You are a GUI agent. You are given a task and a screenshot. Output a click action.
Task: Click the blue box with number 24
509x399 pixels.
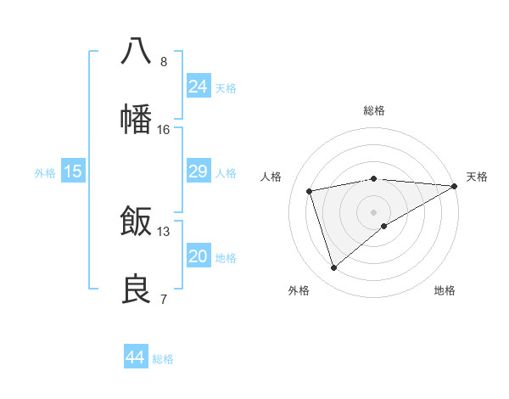point(198,86)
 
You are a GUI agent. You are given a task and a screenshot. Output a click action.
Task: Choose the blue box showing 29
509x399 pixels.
point(198,171)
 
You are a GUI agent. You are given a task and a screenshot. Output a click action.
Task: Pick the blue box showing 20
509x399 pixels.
point(198,256)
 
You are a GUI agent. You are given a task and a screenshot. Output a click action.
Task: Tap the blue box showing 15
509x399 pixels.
point(73,171)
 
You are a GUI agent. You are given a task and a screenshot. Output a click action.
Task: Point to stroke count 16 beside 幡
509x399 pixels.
point(164,129)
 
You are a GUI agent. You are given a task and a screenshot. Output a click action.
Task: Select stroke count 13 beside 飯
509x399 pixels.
point(164,231)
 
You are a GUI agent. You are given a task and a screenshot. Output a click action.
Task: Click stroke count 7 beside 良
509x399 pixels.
point(164,299)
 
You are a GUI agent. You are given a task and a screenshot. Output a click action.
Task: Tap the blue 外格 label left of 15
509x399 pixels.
point(45,172)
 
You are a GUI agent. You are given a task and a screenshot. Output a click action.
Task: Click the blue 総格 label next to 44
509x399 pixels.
point(163,358)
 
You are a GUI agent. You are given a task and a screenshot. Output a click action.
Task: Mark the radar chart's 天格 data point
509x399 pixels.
point(455,187)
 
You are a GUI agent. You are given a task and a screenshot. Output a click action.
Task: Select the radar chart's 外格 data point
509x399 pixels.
point(333,268)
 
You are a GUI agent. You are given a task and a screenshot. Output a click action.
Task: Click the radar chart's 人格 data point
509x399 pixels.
point(310,191)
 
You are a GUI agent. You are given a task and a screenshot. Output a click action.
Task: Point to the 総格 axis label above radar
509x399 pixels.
point(373,110)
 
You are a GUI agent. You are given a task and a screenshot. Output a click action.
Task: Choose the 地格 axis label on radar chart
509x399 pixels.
point(445,290)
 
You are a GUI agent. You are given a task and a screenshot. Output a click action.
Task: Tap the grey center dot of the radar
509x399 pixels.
point(373,211)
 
